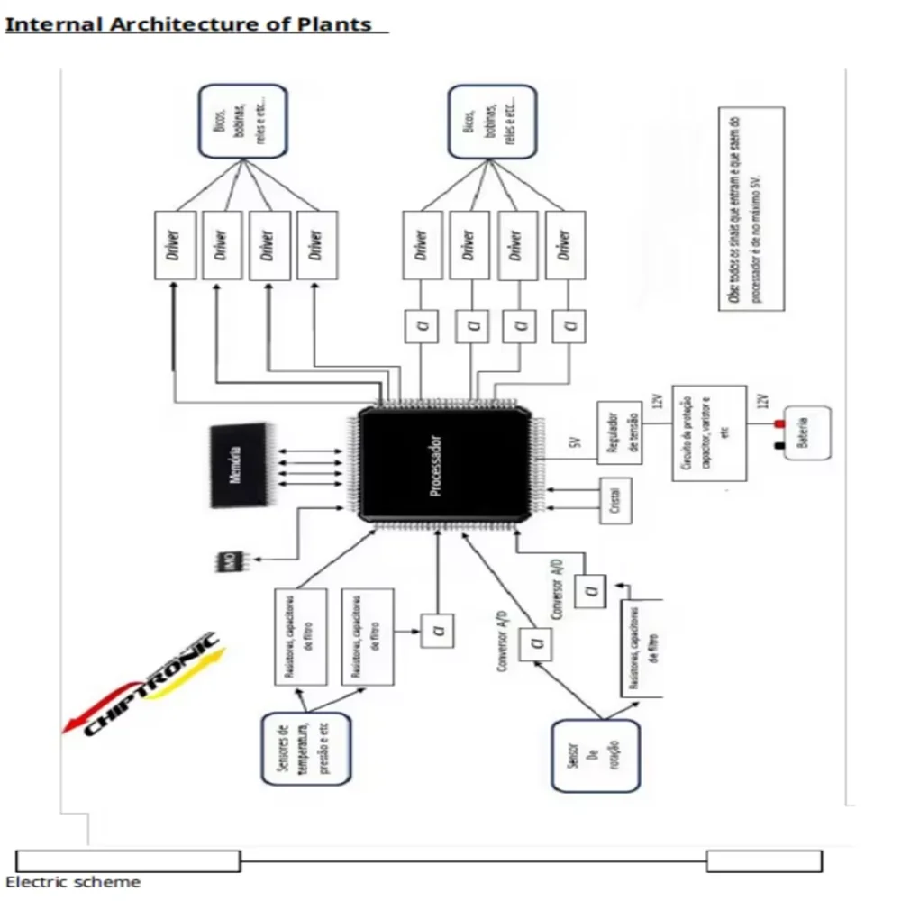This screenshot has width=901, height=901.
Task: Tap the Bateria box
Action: tap(806, 433)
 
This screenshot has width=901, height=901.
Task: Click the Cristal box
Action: tap(614, 501)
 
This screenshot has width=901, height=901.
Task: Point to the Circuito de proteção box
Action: tap(708, 432)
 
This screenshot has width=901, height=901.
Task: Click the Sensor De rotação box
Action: tap(596, 755)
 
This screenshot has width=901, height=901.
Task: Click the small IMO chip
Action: tap(229, 561)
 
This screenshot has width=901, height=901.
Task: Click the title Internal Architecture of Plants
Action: tap(189, 24)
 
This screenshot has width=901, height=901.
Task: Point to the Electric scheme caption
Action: tap(73, 882)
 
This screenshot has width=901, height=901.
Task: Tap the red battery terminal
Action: tap(778, 423)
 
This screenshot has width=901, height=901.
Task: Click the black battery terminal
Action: tap(778, 445)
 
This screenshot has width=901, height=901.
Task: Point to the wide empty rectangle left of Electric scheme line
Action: tap(128, 860)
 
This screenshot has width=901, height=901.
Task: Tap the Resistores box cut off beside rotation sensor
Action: tap(642, 647)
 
